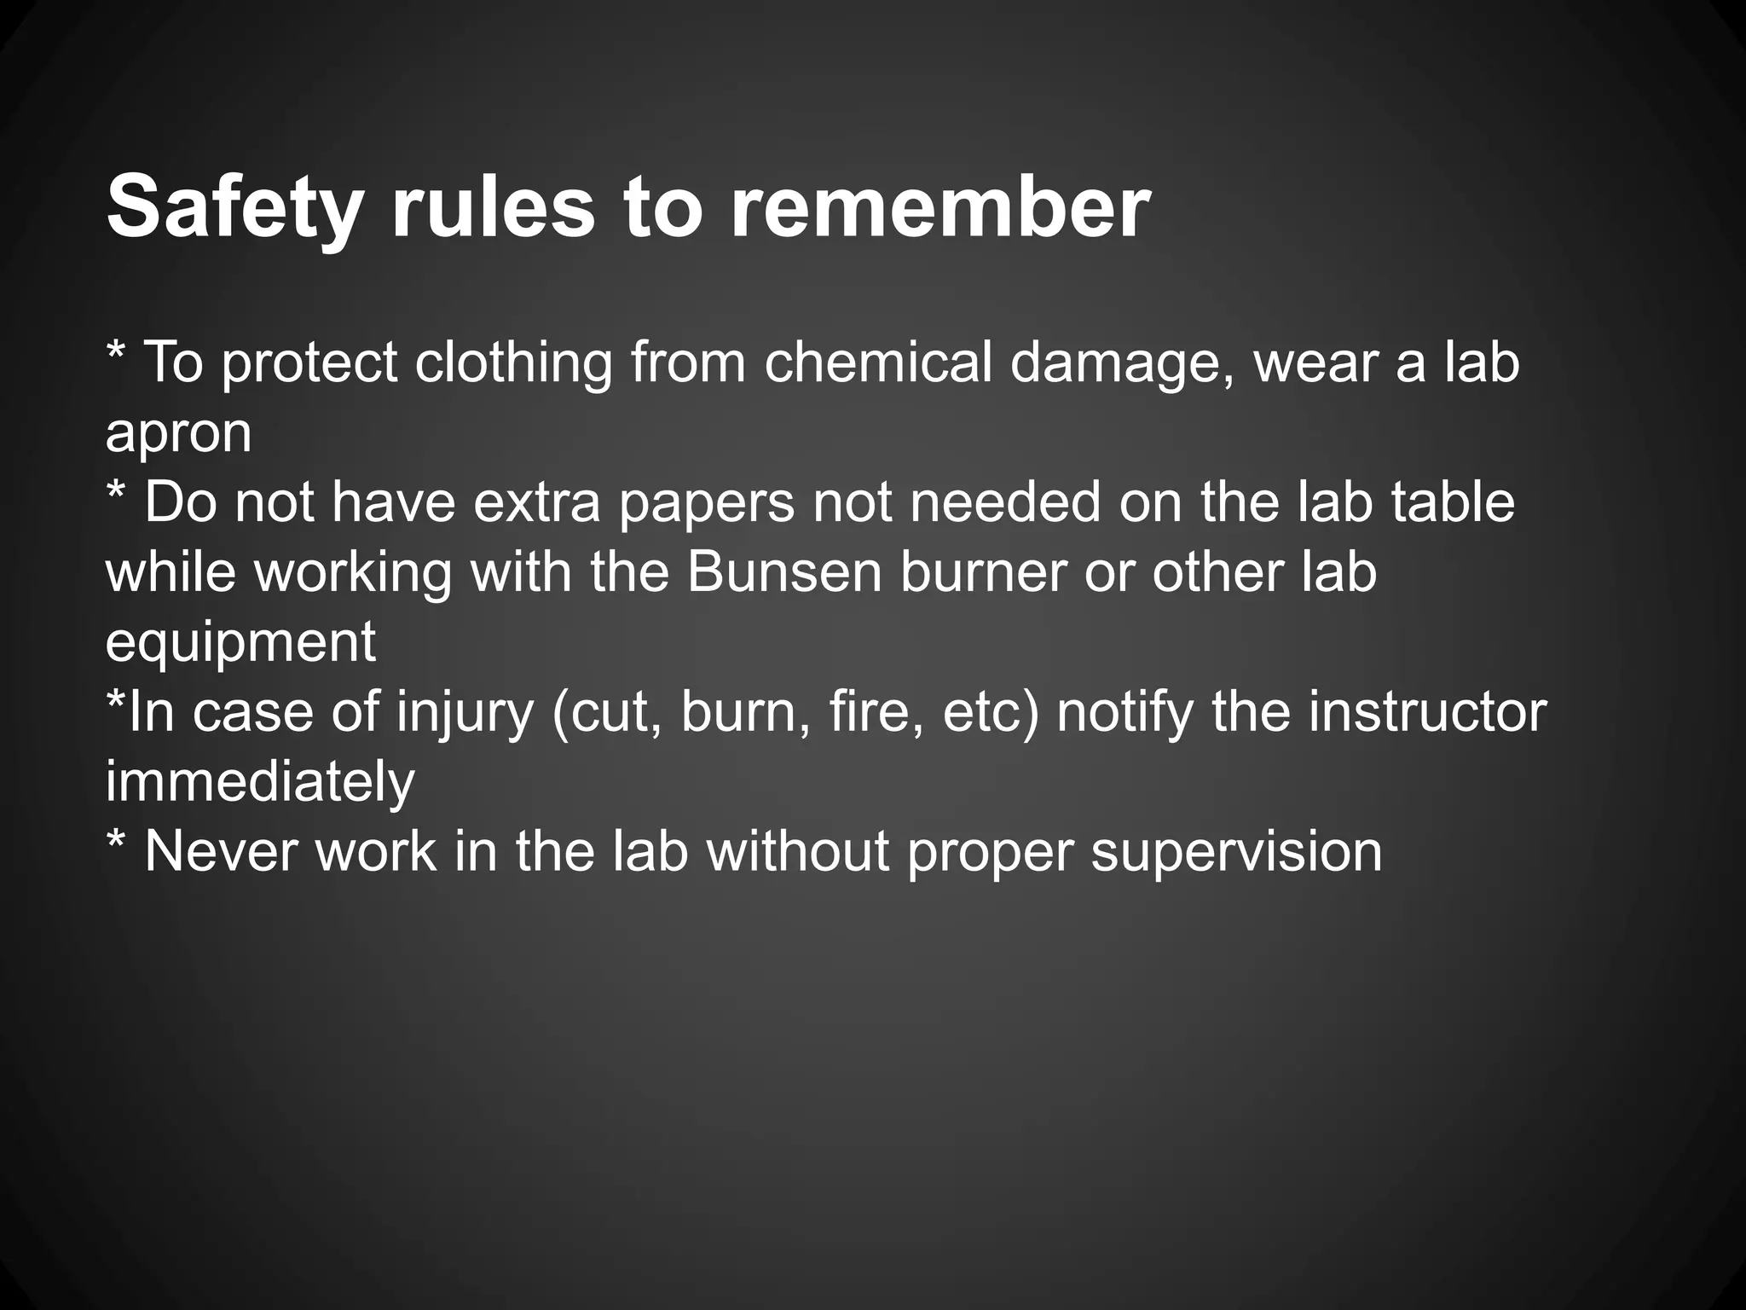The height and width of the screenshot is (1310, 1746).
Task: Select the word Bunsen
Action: tap(783, 571)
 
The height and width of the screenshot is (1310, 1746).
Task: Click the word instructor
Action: tap(1427, 711)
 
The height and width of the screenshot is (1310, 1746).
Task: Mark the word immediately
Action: tap(260, 783)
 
